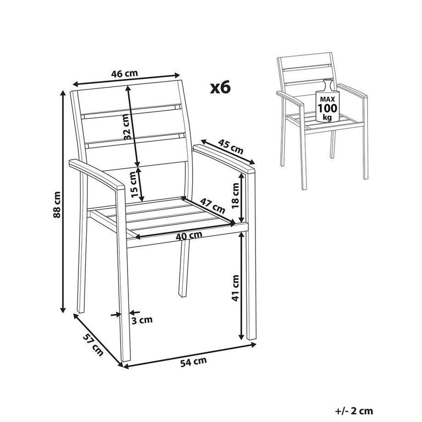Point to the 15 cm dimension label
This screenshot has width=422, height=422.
point(133,184)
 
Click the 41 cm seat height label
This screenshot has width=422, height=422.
point(236,288)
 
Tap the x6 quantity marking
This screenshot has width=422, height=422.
point(219,88)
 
